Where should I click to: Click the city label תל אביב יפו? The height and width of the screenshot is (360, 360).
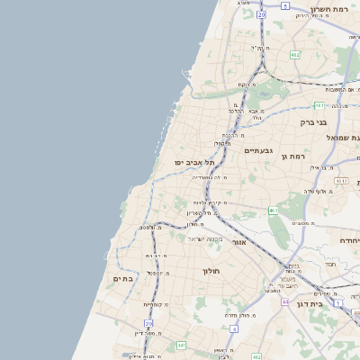tap(193, 162)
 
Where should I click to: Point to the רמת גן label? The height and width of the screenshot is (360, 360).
tap(294, 157)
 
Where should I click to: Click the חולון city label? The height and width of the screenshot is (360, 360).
tap(211, 270)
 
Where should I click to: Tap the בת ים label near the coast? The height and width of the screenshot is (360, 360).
tap(123, 279)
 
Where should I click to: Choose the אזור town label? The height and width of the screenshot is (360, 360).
tap(238, 242)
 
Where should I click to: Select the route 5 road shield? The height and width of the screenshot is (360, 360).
tap(285, 5)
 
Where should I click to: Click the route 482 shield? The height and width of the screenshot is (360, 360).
tap(295, 55)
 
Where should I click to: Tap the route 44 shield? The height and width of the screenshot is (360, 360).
tap(284, 302)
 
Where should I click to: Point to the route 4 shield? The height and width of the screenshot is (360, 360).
tap(233, 329)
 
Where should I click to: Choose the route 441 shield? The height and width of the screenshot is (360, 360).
tap(181, 345)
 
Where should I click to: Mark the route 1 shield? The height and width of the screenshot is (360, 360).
tap(337, 303)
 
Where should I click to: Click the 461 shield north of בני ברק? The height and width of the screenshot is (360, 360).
tap(319, 105)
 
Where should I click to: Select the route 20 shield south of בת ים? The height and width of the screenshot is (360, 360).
tap(148, 323)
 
